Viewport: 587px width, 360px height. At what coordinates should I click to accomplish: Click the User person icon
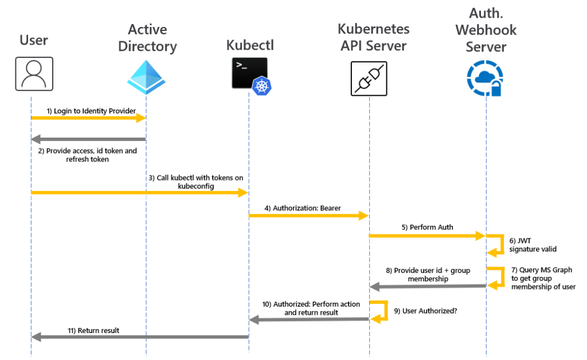(x=34, y=74)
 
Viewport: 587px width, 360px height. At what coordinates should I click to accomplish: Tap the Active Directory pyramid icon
(x=146, y=77)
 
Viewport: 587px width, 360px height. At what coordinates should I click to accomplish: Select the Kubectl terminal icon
(x=250, y=73)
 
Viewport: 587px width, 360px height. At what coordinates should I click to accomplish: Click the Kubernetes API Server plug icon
(x=369, y=79)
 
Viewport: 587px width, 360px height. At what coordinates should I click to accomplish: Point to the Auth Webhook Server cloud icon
(x=485, y=79)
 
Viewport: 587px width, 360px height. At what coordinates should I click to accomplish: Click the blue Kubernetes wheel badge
(x=261, y=86)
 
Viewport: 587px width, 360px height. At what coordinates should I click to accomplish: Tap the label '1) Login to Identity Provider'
(x=91, y=111)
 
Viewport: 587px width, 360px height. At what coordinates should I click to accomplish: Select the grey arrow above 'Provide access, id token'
(x=88, y=139)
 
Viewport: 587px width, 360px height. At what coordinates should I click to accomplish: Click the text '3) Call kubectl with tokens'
(x=196, y=177)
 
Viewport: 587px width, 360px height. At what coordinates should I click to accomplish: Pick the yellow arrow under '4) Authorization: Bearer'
(x=309, y=216)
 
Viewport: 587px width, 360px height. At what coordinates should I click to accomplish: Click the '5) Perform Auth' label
(x=427, y=227)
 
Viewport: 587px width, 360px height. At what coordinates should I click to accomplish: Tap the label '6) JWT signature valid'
(x=533, y=245)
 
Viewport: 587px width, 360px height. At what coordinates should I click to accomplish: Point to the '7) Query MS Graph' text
(x=542, y=270)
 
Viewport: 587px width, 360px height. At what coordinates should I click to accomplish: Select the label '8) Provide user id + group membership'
(x=428, y=275)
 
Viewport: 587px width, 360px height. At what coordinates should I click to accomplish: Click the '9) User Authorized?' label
(x=425, y=311)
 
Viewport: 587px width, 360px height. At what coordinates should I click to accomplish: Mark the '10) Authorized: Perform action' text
(x=311, y=304)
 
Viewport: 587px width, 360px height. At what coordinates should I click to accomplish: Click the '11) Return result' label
(x=93, y=330)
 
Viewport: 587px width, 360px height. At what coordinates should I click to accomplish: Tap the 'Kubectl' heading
(x=250, y=45)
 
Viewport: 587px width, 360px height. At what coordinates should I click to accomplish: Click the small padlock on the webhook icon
(x=496, y=89)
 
